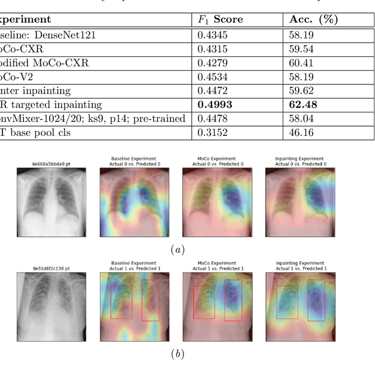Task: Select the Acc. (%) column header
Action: coord(313,20)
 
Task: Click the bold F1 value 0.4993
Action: coord(215,105)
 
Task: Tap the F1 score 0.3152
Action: coord(212,133)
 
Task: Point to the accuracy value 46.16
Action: coord(301,133)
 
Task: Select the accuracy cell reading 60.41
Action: coord(301,63)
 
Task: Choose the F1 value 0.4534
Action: coord(212,77)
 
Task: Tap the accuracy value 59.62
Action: coord(301,91)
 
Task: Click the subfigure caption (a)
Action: coord(177,250)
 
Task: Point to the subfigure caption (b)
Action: coord(177,354)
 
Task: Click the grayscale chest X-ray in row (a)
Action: coord(52,203)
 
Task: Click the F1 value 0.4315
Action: coord(212,49)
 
